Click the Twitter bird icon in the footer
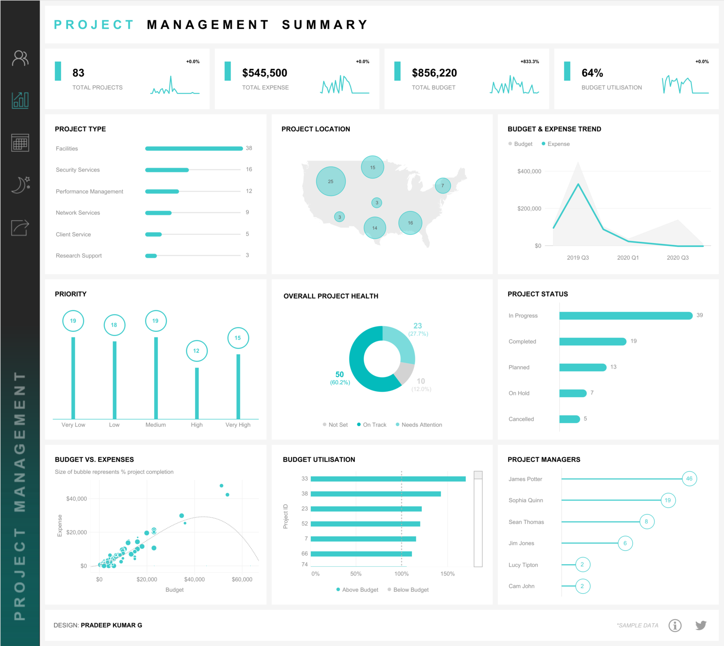tap(701, 625)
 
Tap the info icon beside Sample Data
tap(675, 625)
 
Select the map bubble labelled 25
tap(331, 181)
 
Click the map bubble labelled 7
tap(443, 186)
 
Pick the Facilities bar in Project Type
tap(194, 148)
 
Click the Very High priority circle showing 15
tap(238, 338)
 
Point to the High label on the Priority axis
tap(197, 424)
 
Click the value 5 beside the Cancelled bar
tap(585, 418)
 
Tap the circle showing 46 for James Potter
tap(689, 478)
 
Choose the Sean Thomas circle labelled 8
tap(646, 521)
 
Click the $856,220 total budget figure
tap(434, 73)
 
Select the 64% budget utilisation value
tap(592, 73)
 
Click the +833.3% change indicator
tap(530, 62)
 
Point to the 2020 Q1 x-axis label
tap(627, 258)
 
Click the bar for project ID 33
tap(388, 479)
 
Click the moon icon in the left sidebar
tap(20, 184)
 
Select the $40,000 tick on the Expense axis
tap(76, 499)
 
